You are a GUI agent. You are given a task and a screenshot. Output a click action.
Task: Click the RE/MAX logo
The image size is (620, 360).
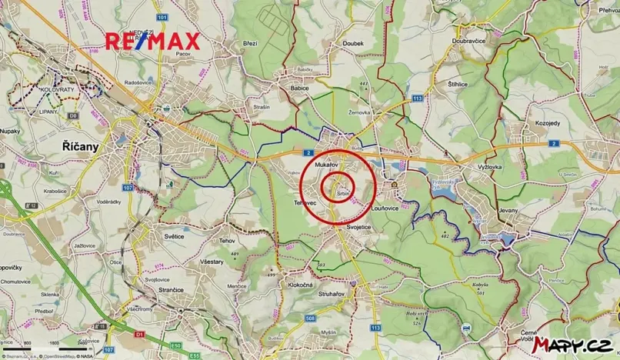click(152, 41)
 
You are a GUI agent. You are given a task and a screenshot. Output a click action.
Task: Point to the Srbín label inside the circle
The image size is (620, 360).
click(344, 194)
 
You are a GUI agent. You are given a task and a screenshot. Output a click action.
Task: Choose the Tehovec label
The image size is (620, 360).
click(306, 202)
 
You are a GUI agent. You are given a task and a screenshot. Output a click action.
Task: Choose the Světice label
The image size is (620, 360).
click(172, 235)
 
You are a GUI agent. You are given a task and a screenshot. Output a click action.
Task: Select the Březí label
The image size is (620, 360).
click(251, 44)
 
